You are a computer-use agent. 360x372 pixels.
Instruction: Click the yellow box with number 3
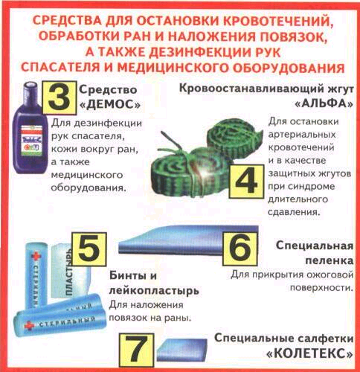[60, 98]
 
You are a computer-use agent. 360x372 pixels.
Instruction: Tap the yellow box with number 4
[246, 182]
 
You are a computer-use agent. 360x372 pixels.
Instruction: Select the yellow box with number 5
[89, 249]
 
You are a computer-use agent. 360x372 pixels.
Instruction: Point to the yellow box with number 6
[240, 249]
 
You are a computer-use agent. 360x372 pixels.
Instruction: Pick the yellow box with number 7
[137, 350]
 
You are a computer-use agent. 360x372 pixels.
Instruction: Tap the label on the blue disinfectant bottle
[31, 141]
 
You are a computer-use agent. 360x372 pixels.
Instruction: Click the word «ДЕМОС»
[109, 105]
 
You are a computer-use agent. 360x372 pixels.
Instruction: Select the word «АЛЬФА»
[324, 103]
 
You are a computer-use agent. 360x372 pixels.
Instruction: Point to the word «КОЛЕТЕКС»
[310, 353]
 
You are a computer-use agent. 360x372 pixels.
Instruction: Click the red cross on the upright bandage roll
[36, 257]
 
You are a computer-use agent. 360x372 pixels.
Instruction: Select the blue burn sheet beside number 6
[188, 240]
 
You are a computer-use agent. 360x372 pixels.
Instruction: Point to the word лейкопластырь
[154, 290]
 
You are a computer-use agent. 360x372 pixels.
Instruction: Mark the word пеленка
[329, 260]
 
